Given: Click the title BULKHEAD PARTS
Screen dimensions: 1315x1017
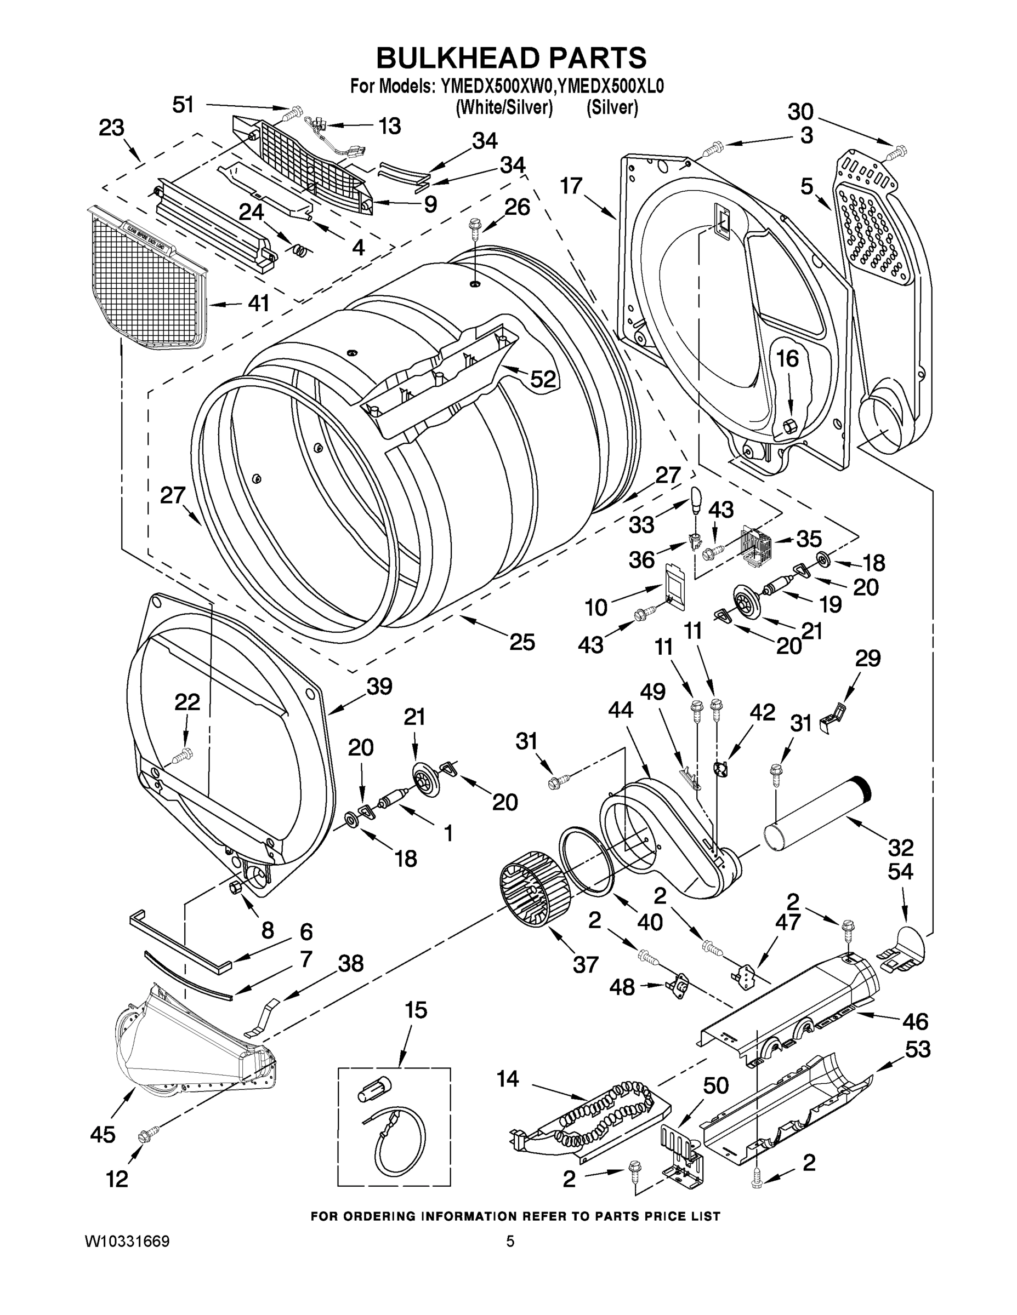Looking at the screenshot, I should click(511, 59).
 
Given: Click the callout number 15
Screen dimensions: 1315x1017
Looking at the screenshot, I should click(415, 1010).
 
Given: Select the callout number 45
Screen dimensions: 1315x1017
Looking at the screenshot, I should click(103, 1134).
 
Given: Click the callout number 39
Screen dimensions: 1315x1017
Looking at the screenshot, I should click(379, 687).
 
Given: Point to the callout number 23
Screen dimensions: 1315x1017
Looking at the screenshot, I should click(111, 128).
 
